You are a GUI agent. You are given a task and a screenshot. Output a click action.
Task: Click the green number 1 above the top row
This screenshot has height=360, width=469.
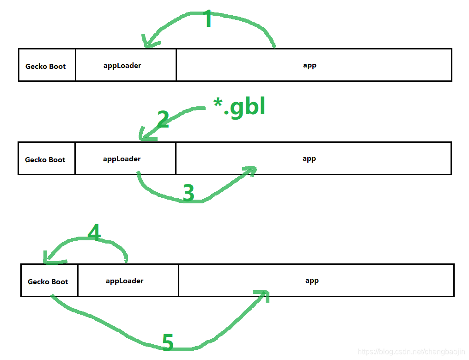click(208, 19)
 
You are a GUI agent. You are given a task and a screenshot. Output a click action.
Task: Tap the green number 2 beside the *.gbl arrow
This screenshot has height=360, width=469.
click(163, 119)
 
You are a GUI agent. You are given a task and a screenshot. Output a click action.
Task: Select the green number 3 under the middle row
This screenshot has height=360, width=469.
click(189, 193)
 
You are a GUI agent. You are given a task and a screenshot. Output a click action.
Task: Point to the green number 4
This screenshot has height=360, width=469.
click(94, 233)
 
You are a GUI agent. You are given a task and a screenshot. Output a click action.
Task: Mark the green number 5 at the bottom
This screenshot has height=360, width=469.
click(168, 343)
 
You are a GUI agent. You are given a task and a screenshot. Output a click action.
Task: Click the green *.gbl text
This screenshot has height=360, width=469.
click(239, 107)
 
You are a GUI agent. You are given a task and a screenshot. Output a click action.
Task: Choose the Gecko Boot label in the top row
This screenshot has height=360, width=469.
click(46, 67)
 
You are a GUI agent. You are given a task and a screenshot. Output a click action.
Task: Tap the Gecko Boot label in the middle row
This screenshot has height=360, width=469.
click(45, 160)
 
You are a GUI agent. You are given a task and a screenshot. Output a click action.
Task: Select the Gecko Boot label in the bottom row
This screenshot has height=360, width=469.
click(48, 282)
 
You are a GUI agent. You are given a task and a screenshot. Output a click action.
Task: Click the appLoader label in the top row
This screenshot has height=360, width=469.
click(122, 66)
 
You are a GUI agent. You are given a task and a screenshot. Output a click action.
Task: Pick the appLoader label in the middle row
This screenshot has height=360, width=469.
click(122, 159)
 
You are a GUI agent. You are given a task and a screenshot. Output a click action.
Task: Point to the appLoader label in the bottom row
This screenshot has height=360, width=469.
click(125, 281)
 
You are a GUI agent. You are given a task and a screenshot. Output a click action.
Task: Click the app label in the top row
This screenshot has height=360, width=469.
click(310, 66)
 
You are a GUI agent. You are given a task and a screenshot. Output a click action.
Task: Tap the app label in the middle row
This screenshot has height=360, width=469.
click(309, 159)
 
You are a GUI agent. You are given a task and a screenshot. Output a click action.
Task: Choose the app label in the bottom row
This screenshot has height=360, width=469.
click(312, 281)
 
